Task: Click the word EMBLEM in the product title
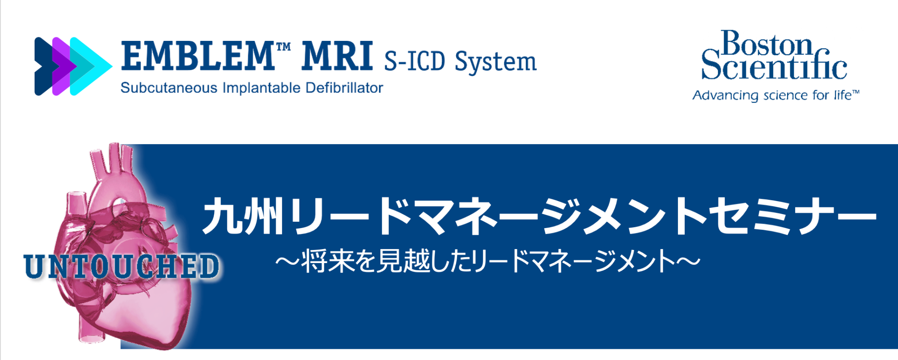click(198, 56)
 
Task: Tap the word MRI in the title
click(337, 56)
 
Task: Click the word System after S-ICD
click(496, 62)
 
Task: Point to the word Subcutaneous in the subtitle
click(169, 88)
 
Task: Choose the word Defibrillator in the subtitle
click(344, 88)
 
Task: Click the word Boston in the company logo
click(767, 44)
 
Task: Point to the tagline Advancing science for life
click(776, 95)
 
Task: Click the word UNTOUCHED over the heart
click(121, 266)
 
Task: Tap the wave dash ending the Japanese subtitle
click(688, 261)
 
